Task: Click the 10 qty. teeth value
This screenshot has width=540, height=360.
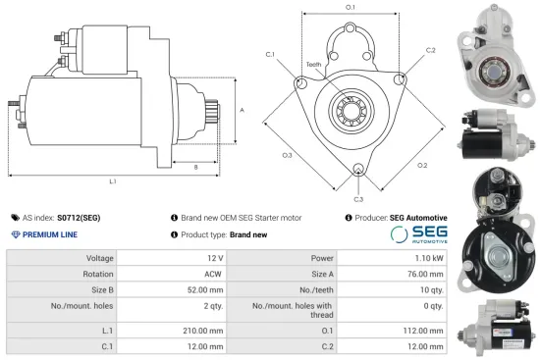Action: (427, 291)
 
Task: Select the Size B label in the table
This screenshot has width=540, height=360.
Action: (101, 291)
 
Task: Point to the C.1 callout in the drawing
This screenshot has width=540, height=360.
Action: (270, 54)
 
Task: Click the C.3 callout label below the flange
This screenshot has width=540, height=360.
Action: (359, 200)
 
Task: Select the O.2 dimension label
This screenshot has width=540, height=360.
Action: (421, 165)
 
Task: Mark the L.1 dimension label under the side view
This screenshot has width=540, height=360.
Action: (114, 181)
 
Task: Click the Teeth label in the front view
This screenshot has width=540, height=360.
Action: (314, 66)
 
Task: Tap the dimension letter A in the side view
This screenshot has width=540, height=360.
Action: (242, 110)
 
